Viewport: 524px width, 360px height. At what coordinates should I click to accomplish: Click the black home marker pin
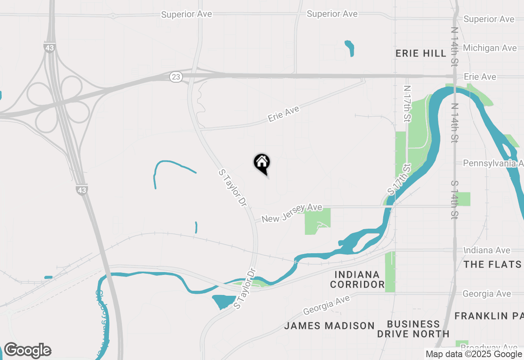(x=262, y=163)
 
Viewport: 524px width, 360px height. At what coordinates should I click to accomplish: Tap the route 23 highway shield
(x=176, y=76)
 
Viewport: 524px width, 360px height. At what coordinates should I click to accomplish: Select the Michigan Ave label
(x=490, y=48)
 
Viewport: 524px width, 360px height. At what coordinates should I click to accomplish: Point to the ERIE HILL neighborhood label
(x=421, y=54)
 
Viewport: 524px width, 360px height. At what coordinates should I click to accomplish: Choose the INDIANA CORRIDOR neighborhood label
(x=357, y=279)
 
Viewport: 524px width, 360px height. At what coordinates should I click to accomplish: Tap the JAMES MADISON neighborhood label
(x=329, y=326)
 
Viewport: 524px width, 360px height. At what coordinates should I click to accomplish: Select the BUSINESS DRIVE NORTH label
(x=413, y=329)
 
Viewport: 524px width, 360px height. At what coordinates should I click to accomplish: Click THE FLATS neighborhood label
(x=492, y=264)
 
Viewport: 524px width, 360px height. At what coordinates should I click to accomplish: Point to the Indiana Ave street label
(x=487, y=250)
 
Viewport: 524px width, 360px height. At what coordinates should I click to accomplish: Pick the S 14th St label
(x=454, y=199)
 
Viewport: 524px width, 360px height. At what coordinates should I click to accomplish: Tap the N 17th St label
(x=407, y=104)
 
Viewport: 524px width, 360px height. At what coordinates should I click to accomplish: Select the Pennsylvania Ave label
(x=493, y=163)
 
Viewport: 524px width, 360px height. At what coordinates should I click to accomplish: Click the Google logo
(x=27, y=351)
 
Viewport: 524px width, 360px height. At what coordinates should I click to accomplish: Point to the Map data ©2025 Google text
(x=474, y=354)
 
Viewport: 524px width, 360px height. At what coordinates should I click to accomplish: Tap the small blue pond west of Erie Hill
(x=349, y=47)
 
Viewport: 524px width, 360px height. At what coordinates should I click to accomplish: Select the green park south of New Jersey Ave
(x=317, y=221)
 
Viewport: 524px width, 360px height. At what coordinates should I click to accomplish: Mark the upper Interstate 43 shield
(x=50, y=47)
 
